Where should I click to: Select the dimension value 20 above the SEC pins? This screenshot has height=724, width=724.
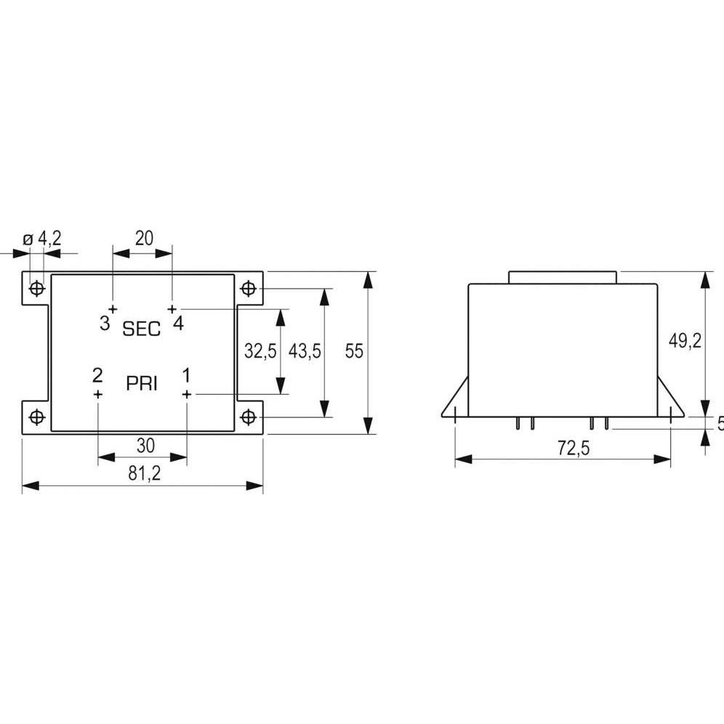click(x=143, y=238)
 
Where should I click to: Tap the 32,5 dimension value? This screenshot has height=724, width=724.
click(x=260, y=352)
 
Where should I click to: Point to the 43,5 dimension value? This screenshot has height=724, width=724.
click(x=305, y=352)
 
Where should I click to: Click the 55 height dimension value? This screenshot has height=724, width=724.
click(x=354, y=352)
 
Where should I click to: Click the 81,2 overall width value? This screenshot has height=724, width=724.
click(x=144, y=473)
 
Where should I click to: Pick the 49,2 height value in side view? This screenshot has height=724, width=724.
click(x=685, y=342)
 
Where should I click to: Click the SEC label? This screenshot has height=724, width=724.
click(x=141, y=329)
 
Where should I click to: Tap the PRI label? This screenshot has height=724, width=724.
click(x=142, y=384)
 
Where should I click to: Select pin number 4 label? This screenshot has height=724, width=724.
click(x=178, y=323)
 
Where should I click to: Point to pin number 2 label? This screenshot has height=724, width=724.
click(x=97, y=376)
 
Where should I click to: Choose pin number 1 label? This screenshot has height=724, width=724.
click(x=186, y=376)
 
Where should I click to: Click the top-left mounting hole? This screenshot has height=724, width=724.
click(x=36, y=289)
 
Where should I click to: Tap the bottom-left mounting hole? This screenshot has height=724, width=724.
click(x=36, y=417)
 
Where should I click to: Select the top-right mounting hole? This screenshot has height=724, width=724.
click(x=249, y=289)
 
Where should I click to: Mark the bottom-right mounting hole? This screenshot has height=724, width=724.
click(x=249, y=417)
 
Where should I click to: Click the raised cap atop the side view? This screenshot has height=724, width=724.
click(x=563, y=277)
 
